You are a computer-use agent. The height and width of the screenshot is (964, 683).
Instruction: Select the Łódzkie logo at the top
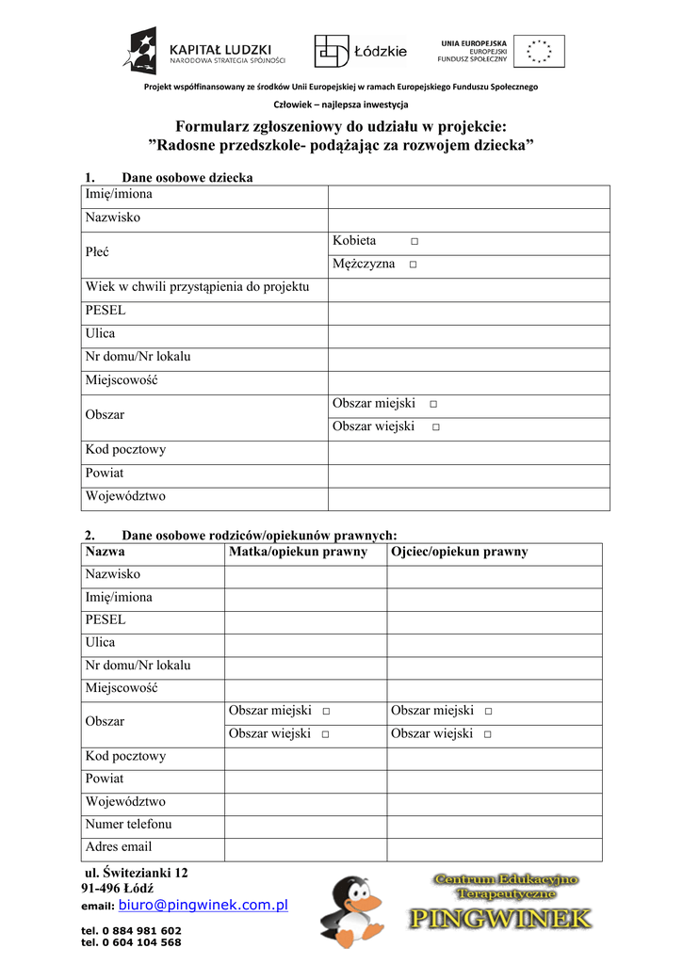(x=361, y=52)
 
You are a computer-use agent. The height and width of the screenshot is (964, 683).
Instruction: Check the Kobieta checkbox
(x=415, y=243)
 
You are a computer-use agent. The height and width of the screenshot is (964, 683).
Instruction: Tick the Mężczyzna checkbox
(x=413, y=265)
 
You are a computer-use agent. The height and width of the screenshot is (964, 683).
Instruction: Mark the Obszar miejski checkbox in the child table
(x=432, y=405)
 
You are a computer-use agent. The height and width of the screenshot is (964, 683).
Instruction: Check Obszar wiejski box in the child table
(x=436, y=427)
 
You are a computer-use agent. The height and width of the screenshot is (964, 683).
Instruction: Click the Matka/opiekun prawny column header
(x=298, y=553)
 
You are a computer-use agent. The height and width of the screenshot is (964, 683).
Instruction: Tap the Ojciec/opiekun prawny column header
(x=460, y=553)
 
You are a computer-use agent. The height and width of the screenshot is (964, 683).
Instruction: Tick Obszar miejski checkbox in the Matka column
(x=325, y=712)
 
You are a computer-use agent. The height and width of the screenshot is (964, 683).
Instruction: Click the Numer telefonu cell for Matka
(x=304, y=827)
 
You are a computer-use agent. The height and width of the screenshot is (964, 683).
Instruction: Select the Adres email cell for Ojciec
(x=494, y=849)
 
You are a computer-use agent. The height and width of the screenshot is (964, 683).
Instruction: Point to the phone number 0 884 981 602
(x=131, y=930)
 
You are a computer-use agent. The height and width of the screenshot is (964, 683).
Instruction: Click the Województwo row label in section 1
(x=125, y=496)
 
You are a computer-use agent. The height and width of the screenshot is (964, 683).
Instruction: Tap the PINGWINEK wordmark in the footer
(x=500, y=918)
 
